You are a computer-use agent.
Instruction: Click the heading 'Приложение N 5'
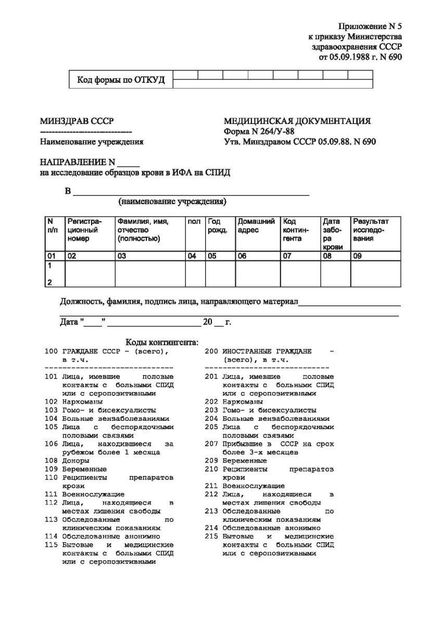pyautogui.click(x=370, y=26)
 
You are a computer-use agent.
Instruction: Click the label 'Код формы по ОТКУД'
pyautogui.click(x=121, y=80)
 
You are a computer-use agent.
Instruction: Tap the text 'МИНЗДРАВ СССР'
pyautogui.click(x=77, y=122)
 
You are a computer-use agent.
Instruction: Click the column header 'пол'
pyautogui.click(x=194, y=222)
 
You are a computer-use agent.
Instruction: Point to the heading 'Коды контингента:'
pyautogui.click(x=162, y=342)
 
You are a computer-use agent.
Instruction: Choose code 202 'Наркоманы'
pyautogui.click(x=243, y=402)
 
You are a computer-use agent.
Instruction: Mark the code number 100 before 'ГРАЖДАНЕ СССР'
pyautogui.click(x=50, y=352)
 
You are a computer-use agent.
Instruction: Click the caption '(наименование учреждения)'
pyautogui.click(x=172, y=201)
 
